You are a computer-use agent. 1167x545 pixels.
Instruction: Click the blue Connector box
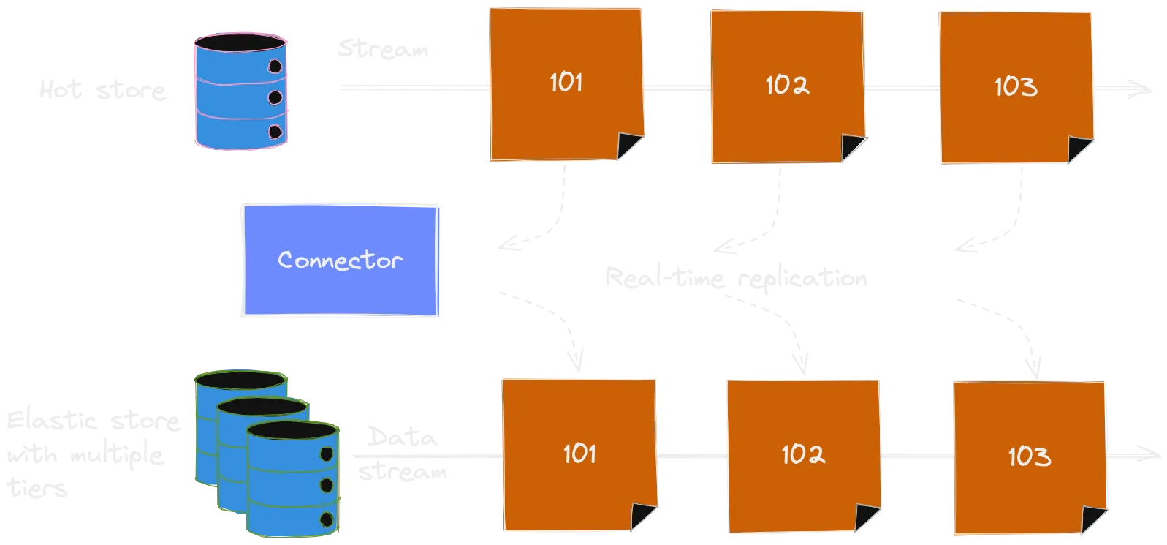(x=341, y=260)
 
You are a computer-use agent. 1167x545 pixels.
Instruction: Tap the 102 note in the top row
(x=787, y=86)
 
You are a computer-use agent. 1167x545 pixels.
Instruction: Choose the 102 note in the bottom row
(x=803, y=455)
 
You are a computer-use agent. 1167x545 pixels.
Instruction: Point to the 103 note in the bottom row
(x=1030, y=457)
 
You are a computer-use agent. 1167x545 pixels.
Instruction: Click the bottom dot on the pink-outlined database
(x=275, y=132)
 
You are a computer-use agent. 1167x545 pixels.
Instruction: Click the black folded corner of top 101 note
(x=630, y=146)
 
